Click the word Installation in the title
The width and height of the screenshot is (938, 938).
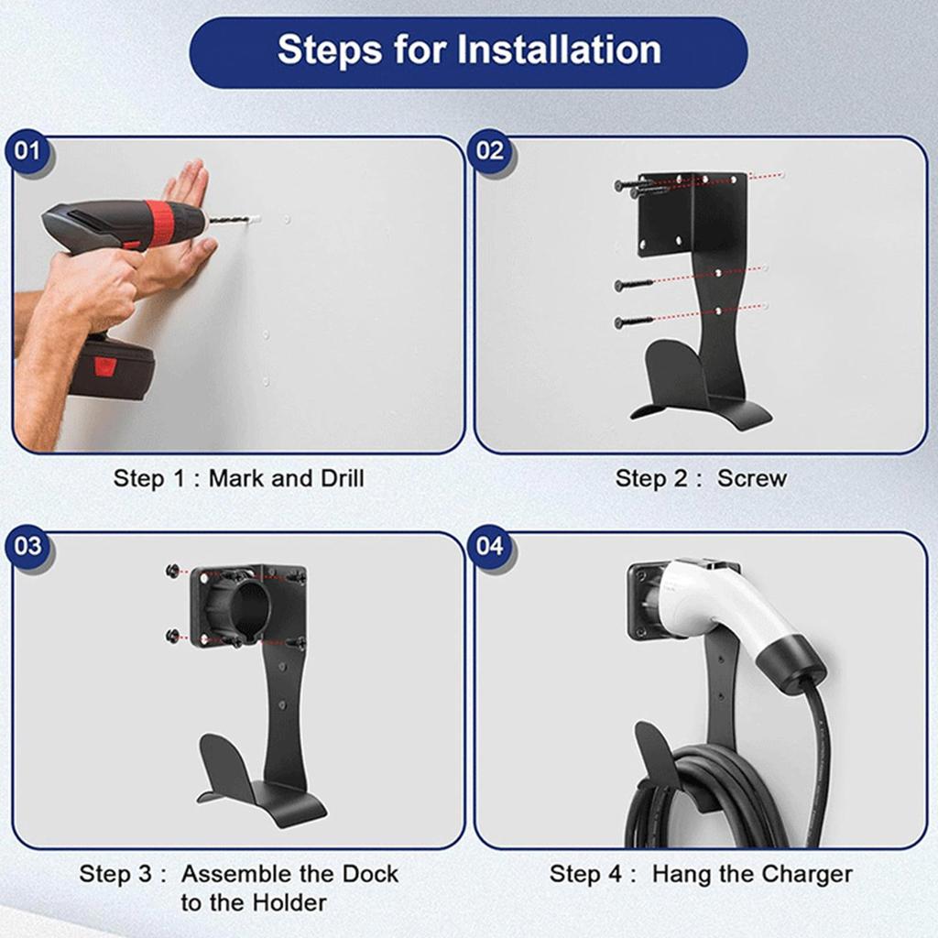(560, 49)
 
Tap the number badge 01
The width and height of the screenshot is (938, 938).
(27, 151)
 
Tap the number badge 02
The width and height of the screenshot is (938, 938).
(490, 151)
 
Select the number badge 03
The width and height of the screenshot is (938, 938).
(27, 546)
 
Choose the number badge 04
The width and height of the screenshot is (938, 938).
(490, 546)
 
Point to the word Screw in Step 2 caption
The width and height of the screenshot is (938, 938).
(751, 478)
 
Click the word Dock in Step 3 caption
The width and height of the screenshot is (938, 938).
(370, 874)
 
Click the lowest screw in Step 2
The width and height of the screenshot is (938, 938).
(635, 322)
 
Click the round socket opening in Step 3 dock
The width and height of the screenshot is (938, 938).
(247, 605)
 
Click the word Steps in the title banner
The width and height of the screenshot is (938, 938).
(330, 50)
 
